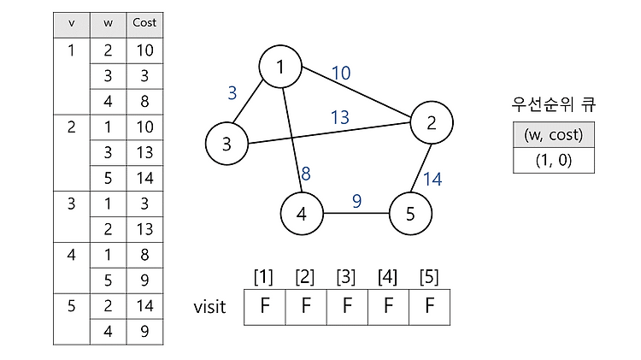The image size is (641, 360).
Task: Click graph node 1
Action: [280, 67]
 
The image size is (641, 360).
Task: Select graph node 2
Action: [432, 123]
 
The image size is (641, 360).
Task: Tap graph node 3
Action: [226, 144]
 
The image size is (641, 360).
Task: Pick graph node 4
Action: [302, 214]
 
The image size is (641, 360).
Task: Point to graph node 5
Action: [410, 214]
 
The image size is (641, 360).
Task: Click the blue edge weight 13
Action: [339, 117]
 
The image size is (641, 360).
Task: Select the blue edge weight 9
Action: [357, 201]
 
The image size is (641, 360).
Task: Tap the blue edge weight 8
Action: [306, 174]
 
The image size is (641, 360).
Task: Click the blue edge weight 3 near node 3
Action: [232, 93]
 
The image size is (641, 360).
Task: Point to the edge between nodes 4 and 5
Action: [356, 213]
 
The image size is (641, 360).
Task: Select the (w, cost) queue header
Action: [554, 134]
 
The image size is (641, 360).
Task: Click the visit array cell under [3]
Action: [347, 307]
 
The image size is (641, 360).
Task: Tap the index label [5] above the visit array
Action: [429, 277]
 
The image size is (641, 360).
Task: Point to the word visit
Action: [209, 307]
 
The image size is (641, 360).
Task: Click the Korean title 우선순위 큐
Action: [554, 104]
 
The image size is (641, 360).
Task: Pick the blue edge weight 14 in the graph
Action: [432, 180]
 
